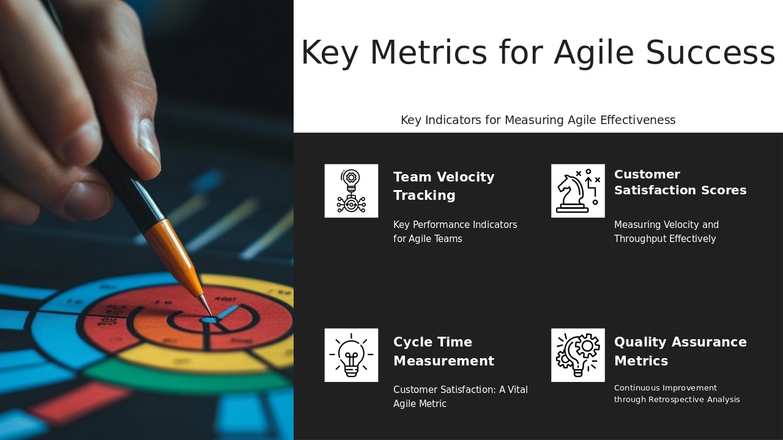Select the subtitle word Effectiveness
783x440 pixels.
(637, 120)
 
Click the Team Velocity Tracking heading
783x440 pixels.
(443, 186)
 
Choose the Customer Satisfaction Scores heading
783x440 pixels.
(680, 182)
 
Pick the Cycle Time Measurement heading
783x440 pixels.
(443, 351)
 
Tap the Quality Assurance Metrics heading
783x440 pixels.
(680, 351)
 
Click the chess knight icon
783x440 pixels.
(577, 191)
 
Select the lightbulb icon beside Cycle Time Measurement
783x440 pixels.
(351, 355)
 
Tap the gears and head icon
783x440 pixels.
(577, 355)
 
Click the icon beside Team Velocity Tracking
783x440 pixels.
(351, 191)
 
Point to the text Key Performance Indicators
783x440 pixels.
(455, 225)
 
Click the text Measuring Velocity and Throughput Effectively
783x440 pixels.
(666, 232)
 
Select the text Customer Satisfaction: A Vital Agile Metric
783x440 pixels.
(460, 397)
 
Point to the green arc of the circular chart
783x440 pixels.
(184, 380)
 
